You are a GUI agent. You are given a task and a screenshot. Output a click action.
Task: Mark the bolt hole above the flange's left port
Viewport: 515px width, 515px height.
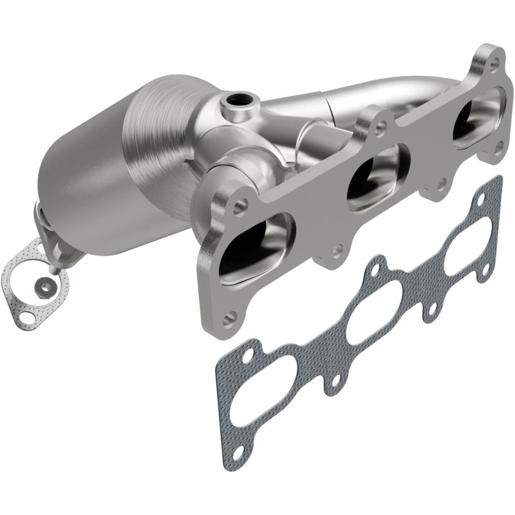pos(241,205)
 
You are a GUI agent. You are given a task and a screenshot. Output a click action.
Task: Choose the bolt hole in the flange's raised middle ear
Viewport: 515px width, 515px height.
pos(380,127)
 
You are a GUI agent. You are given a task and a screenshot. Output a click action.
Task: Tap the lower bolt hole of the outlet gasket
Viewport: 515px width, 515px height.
pos(26,317)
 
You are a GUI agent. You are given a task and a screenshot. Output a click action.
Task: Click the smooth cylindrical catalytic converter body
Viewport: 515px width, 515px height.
pos(84,193)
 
